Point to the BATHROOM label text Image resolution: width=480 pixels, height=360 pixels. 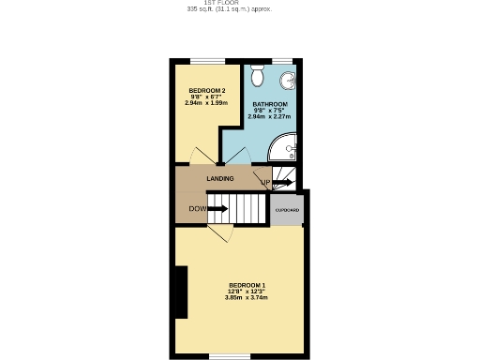click(269, 104)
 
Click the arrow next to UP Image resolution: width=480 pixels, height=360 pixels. click(281, 182)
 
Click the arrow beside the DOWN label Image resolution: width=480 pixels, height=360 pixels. click(217, 208)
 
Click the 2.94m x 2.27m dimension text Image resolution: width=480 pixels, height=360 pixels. click(269, 117)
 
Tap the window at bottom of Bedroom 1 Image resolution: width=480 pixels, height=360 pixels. click(229, 356)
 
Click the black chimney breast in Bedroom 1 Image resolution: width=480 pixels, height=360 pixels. click(181, 292)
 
